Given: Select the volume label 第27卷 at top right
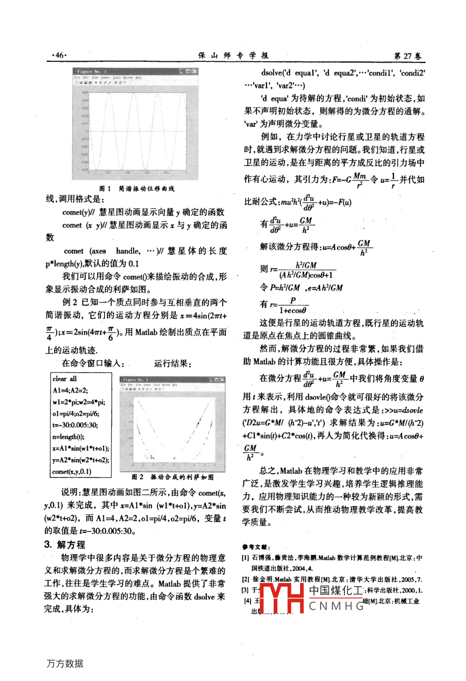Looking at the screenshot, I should [x=407, y=55].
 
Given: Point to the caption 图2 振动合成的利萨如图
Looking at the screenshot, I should [x=172, y=477].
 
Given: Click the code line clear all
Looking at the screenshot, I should [x=64, y=379].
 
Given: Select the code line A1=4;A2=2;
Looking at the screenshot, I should [x=70, y=390].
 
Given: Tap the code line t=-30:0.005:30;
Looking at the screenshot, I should [x=75, y=425].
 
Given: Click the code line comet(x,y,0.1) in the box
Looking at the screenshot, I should [x=72, y=472].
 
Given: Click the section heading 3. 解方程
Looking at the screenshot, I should [x=65, y=544].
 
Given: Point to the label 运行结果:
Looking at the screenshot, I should [x=173, y=364].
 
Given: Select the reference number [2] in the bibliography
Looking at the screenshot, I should [x=245, y=579].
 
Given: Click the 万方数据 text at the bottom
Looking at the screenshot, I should [x=64, y=663].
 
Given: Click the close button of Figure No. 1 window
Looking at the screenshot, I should [x=194, y=71].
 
